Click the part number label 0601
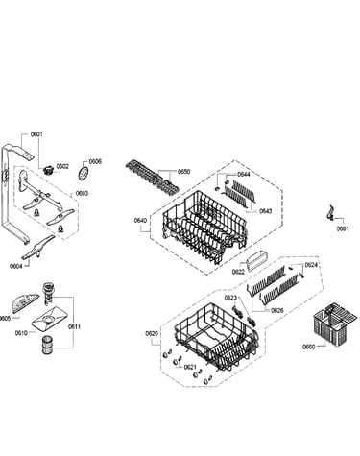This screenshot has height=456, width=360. pos(36,134)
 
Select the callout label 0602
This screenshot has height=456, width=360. pos(62,166)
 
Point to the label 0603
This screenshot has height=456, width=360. pos(82,194)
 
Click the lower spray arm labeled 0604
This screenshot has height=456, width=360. pos(38,247)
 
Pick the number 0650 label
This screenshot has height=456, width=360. pos(183,172)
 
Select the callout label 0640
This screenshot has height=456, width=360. pos(140,220)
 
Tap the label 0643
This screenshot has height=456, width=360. pos(265,211)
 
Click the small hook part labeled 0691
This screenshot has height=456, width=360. pos(330,213)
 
